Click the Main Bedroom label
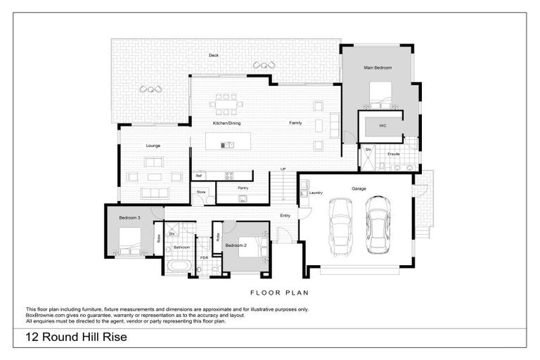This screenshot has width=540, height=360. pyautogui.click(x=378, y=67)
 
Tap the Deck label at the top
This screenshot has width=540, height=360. pyautogui.click(x=213, y=54)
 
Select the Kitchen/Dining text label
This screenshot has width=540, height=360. pyautogui.click(x=227, y=123)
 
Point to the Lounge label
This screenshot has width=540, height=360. pyautogui.click(x=153, y=146)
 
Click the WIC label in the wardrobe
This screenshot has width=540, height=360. pyautogui.click(x=382, y=126)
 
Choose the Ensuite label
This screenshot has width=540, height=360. pyautogui.click(x=394, y=153)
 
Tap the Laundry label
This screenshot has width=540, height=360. pyautogui.click(x=316, y=192)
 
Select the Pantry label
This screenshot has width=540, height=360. pyautogui.click(x=243, y=188)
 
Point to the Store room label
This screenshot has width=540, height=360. pyautogui.click(x=200, y=191)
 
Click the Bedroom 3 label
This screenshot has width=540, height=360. pyautogui.click(x=129, y=218)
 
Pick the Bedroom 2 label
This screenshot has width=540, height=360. pyautogui.click(x=236, y=245)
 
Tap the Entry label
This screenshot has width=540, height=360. pyautogui.click(x=285, y=216)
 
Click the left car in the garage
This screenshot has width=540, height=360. pyautogui.click(x=340, y=227)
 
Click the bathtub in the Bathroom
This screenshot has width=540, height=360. pyautogui.click(x=178, y=266)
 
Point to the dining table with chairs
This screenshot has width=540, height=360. pyautogui.click(x=226, y=105)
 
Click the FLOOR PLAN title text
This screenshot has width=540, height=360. pyautogui.click(x=280, y=292)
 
